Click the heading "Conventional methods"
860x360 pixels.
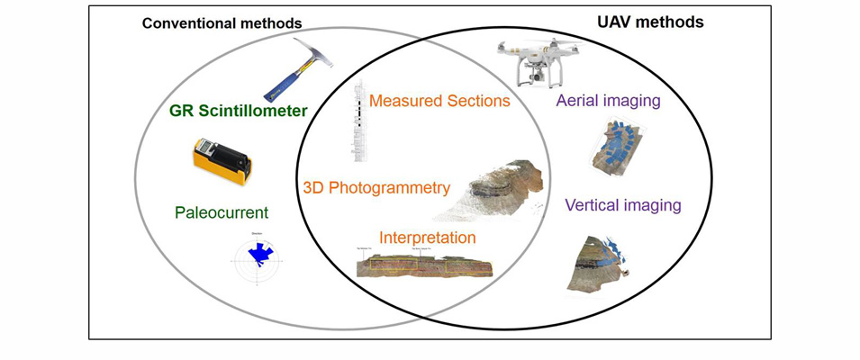coord(222,22)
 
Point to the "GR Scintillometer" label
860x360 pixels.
coord(239,112)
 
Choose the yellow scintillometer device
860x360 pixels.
coord(220,160)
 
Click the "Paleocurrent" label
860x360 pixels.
coord(222,213)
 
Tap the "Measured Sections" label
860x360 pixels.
coord(439,101)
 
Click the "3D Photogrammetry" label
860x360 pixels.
coord(376,188)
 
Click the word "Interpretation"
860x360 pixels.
coord(428,238)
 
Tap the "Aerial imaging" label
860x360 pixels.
coord(608,102)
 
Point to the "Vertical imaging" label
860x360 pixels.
coord(622,205)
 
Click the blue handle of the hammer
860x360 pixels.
coord(282,84)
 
